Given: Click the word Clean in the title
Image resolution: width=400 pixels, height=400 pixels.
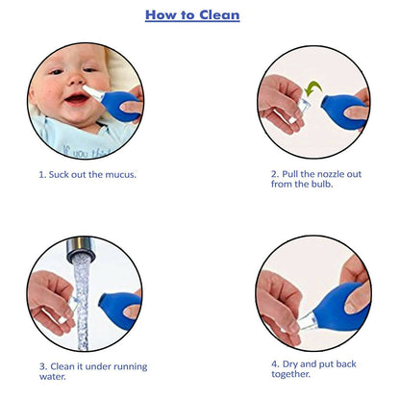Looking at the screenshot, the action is click(219, 14).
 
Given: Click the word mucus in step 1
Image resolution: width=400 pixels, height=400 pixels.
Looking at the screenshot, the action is click(119, 175).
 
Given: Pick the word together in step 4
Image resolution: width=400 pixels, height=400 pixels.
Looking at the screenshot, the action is click(289, 374).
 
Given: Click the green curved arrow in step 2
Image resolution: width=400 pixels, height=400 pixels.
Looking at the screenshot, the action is click(312, 88).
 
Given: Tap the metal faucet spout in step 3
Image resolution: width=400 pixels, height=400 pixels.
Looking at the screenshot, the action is click(80, 248).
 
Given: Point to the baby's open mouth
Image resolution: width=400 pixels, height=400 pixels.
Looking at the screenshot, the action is click(77, 98).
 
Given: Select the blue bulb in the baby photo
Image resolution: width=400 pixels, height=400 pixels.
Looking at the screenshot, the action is click(120, 106).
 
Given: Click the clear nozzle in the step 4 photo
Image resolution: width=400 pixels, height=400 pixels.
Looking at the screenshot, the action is click(307, 321).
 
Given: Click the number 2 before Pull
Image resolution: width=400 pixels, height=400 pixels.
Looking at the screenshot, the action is click(274, 174).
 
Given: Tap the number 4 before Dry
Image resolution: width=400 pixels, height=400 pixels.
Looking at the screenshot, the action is click(274, 364).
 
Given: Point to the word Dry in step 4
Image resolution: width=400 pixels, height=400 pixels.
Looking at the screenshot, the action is click(290, 364).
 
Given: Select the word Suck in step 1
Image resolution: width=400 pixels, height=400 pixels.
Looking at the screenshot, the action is click(59, 175).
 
